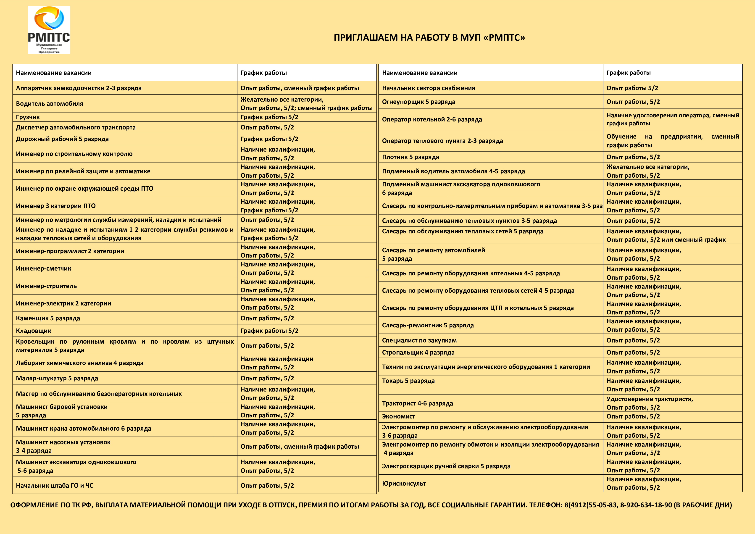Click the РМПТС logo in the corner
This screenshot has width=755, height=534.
click(49, 30)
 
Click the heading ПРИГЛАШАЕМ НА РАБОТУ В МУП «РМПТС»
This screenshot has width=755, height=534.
click(429, 37)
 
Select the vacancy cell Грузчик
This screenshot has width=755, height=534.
click(28, 117)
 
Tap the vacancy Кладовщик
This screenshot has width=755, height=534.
click(34, 331)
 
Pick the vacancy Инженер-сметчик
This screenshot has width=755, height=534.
click(44, 268)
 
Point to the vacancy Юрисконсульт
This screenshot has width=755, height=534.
click(404, 483)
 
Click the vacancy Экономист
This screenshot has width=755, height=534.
click(399, 416)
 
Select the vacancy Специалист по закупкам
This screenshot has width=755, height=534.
click(419, 340)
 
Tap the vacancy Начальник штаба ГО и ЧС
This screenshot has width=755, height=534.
click(55, 485)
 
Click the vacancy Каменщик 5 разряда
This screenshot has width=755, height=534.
click(48, 318)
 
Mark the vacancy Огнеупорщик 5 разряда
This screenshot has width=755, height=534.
click(419, 102)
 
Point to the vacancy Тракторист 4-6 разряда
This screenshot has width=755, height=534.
click(417, 403)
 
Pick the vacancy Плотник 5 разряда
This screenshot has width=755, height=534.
click(410, 157)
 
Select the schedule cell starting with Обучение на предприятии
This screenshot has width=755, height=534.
click(672, 141)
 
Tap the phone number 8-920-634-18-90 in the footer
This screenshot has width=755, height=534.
click(646, 505)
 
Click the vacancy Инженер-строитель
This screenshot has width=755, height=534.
click(46, 286)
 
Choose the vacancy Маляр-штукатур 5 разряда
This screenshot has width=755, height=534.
click(57, 378)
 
